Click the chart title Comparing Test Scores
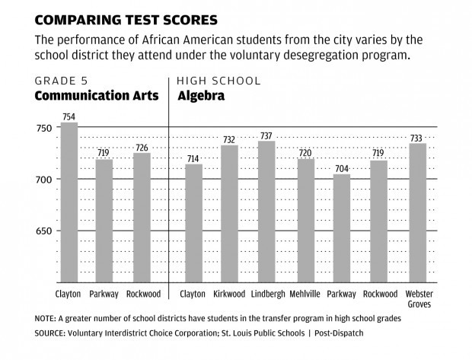coord(116,18)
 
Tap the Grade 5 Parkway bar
coord(104,221)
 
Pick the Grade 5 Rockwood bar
coord(142,218)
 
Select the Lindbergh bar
coord(266,212)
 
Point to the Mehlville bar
coord(305,221)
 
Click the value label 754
coord(69,116)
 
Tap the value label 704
coord(342,169)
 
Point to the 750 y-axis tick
coord(44,128)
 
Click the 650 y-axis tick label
coord(44,231)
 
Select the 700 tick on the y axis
coord(44,180)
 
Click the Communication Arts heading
coord(95,96)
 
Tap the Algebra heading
coord(202,96)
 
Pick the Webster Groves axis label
coord(417,298)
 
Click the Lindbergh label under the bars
coord(266,294)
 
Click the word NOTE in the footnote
coord(46,318)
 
